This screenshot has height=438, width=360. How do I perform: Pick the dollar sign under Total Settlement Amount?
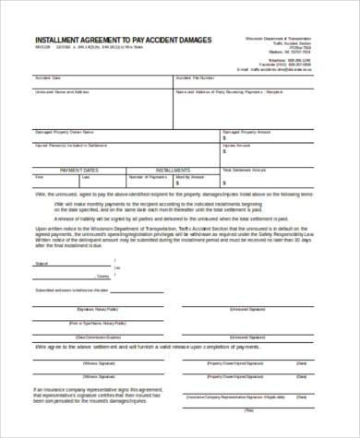(225, 179)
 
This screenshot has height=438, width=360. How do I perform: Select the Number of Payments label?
(147, 174)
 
